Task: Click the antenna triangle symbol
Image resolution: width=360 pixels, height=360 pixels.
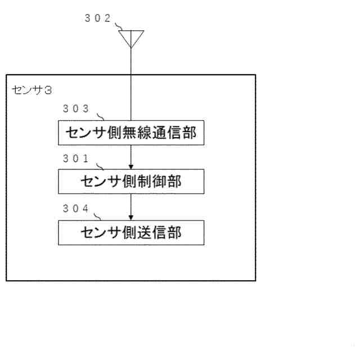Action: coord(131,37)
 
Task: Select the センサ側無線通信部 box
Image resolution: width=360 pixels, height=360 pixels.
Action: coord(131,133)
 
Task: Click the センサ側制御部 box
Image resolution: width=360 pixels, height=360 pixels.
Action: coord(131,182)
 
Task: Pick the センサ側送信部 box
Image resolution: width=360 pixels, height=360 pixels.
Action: coord(131,231)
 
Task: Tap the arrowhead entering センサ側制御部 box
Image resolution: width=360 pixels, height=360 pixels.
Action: coord(131,167)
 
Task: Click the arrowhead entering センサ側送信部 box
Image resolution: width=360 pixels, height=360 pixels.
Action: coord(131,217)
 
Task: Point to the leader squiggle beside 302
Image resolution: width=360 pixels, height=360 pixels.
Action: coord(120,26)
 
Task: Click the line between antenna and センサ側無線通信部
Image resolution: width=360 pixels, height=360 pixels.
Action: coord(131,84)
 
